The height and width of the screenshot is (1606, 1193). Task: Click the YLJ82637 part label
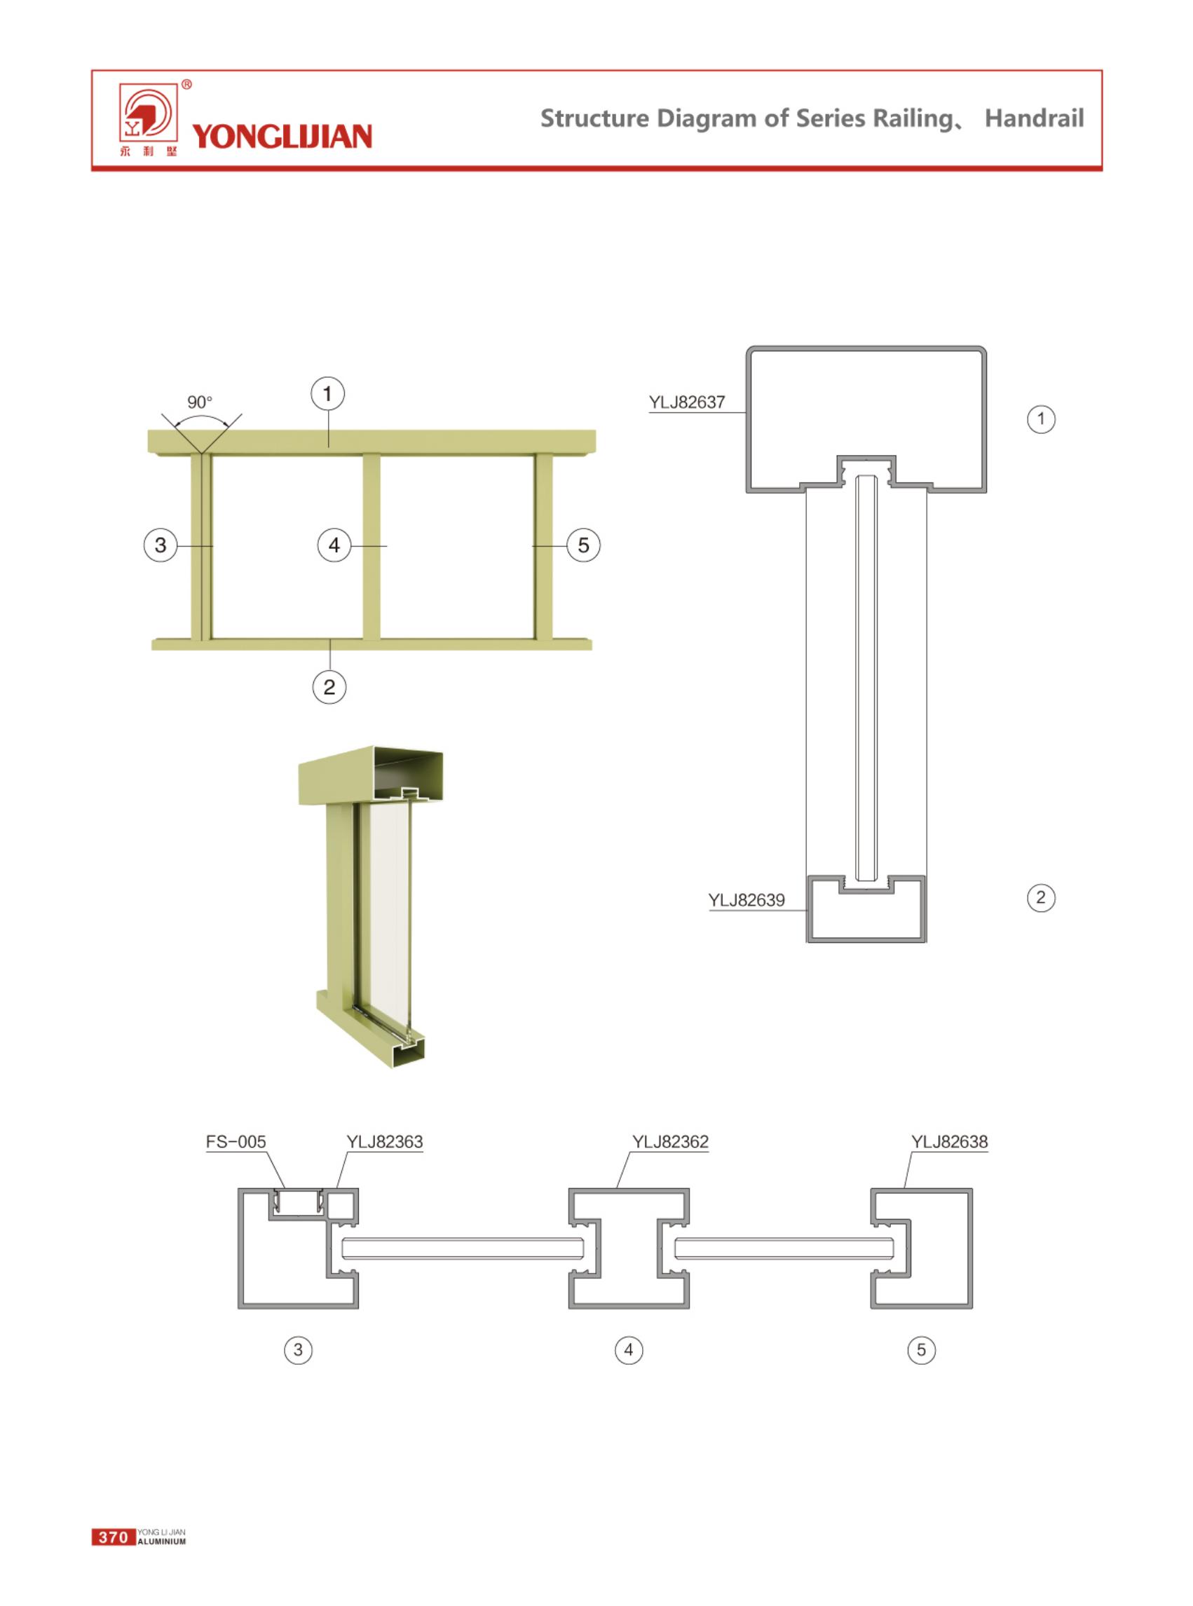point(686,402)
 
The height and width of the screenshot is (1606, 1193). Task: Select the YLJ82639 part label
point(746,900)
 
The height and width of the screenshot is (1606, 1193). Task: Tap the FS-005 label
point(236,1142)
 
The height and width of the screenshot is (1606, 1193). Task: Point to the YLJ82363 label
point(384,1142)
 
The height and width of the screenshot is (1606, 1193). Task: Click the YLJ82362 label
point(670,1142)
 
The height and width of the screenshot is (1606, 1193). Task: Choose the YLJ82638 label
point(949,1142)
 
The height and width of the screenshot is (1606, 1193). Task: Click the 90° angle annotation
point(200,402)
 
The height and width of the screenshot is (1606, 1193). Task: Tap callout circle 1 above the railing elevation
point(328,394)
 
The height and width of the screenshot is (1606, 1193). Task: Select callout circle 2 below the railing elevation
point(329,687)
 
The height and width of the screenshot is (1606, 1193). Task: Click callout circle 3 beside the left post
point(161,545)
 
